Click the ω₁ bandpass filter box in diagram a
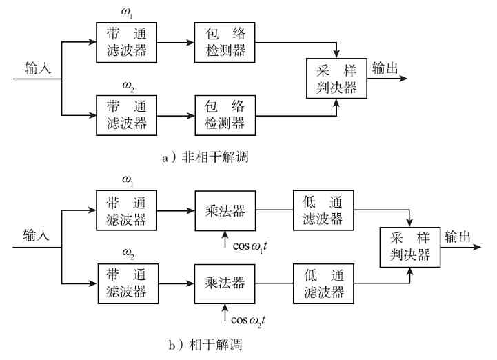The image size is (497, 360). click(x=126, y=41)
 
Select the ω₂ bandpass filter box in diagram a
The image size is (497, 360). click(x=126, y=114)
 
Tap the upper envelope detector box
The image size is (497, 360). click(x=225, y=41)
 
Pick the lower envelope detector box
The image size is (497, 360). click(x=225, y=114)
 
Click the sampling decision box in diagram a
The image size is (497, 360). click(x=336, y=79)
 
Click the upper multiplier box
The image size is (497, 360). click(x=225, y=210)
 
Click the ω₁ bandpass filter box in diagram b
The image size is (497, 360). click(x=126, y=210)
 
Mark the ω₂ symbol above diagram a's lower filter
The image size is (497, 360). click(x=128, y=86)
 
